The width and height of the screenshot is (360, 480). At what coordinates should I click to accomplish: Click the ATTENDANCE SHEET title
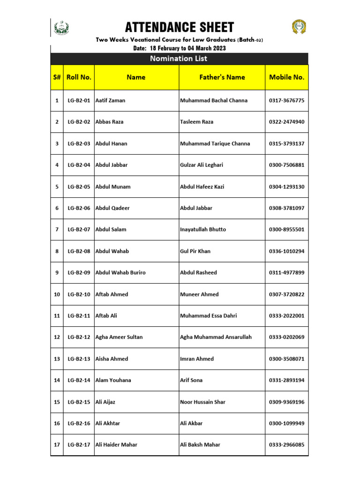[180, 28]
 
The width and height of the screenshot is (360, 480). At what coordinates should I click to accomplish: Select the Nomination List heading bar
[179, 59]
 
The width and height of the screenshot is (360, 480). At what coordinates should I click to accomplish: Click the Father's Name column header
[222, 77]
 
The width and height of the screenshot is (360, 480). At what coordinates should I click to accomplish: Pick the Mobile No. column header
[287, 77]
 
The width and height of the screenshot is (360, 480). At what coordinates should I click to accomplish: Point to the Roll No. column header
[79, 77]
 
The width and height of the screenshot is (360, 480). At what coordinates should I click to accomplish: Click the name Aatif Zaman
[110, 100]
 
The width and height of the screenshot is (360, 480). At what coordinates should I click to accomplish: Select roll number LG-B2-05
[79, 187]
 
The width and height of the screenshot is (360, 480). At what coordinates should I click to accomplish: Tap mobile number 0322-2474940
[287, 122]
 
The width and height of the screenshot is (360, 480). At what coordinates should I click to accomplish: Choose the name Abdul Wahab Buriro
[120, 273]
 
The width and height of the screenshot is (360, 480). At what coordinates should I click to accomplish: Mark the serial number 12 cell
[57, 337]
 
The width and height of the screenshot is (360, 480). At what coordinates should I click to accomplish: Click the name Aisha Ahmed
[112, 359]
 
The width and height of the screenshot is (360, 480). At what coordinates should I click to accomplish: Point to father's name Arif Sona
[191, 381]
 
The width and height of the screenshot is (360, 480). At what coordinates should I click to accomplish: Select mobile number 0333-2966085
[287, 445]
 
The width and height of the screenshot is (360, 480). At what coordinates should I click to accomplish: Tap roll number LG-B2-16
[79, 423]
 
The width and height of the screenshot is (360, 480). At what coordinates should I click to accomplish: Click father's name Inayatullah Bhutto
[203, 230]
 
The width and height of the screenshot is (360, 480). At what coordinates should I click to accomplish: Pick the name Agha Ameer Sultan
[119, 337]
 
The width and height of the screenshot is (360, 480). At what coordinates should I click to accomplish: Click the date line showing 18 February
[180, 48]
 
